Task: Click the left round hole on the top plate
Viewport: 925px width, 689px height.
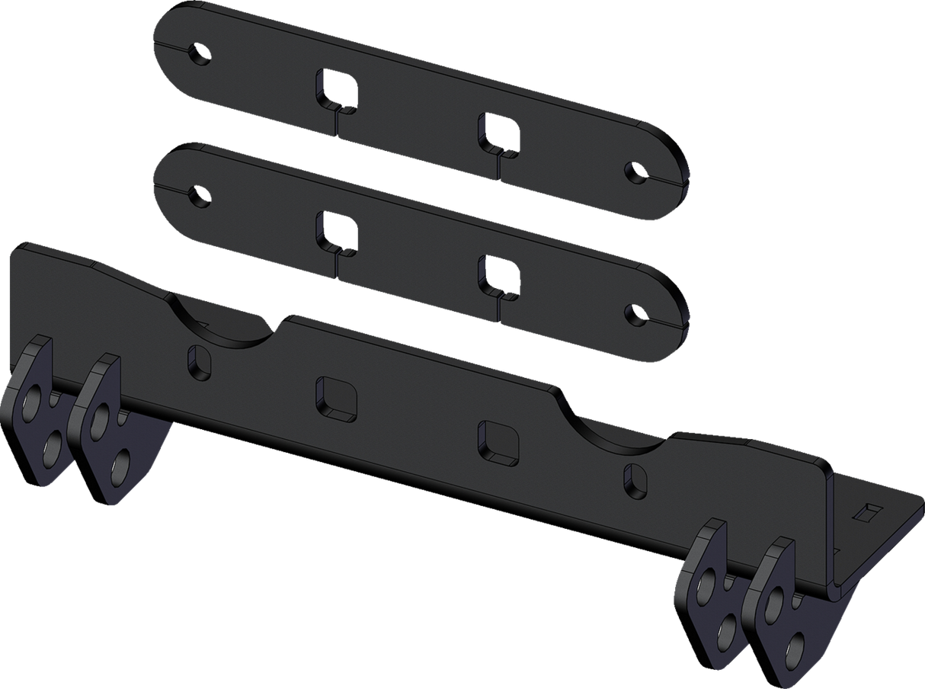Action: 200,55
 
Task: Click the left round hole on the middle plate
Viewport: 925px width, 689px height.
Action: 200,196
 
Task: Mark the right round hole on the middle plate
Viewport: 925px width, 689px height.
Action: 633,313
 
